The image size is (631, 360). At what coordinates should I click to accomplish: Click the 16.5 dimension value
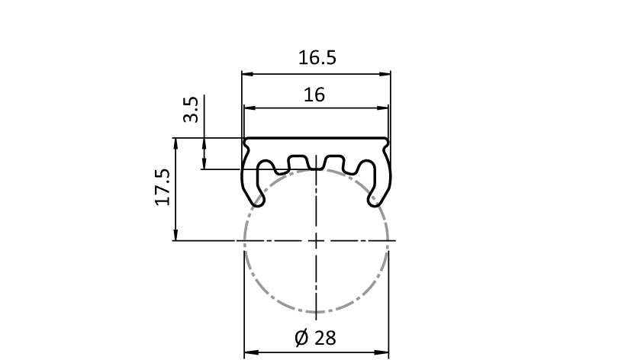317,57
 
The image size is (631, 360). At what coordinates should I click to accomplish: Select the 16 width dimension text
314,95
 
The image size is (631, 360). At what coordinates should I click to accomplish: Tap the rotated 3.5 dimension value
191,109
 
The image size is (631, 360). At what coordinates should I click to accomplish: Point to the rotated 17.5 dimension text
163,187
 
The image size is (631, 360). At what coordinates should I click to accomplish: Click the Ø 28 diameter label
315,338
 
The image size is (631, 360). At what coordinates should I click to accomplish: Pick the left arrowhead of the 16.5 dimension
247,74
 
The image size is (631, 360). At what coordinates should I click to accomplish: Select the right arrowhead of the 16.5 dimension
385,74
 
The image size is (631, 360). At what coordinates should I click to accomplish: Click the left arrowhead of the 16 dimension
250,108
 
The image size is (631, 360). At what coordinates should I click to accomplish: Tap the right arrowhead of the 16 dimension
383,108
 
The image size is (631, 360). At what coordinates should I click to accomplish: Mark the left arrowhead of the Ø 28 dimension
250,353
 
